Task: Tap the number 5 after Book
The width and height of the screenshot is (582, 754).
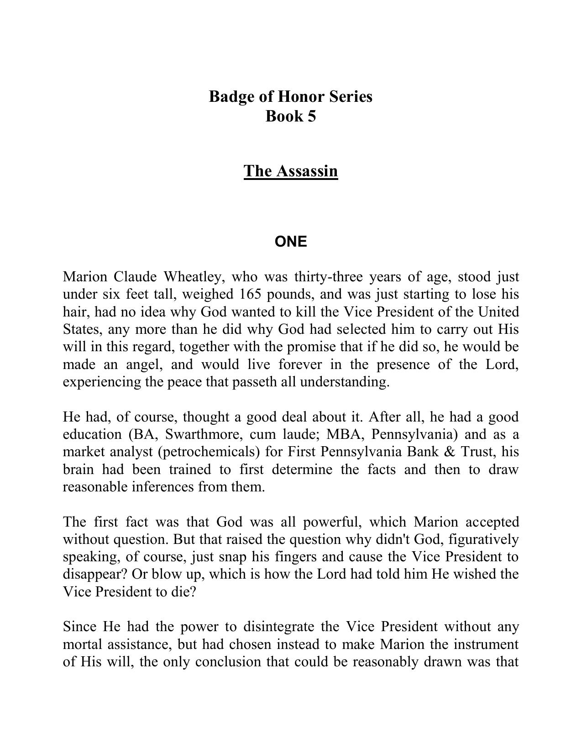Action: pos(311,116)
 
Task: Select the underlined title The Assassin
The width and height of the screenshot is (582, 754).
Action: pos(290,171)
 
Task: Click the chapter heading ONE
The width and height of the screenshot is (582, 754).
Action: pos(291,242)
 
